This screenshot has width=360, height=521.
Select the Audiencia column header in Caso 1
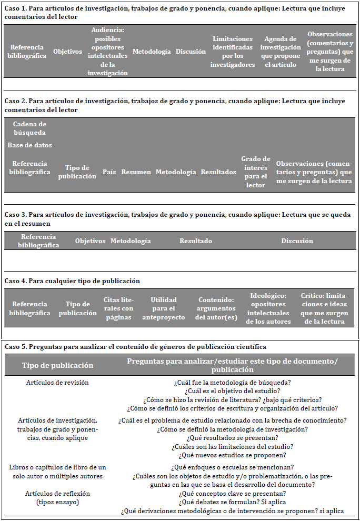coord(107,52)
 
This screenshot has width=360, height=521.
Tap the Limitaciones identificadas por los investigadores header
coord(233,52)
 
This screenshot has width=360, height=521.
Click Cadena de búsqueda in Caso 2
coord(29,128)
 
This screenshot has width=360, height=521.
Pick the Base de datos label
coord(29,145)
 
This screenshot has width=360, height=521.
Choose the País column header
coord(109,172)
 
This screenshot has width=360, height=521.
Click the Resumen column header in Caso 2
coord(136,172)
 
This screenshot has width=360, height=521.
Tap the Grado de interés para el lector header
coord(256,172)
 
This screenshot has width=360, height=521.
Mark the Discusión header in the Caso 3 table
coord(297,241)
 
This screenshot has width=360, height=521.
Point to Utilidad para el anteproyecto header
coord(164,308)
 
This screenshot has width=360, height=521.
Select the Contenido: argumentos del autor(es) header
coord(216,308)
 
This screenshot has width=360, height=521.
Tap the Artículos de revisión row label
coord(57,383)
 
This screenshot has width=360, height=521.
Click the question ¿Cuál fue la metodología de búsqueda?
coord(232,383)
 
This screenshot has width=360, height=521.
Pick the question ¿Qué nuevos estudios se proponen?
coord(232,455)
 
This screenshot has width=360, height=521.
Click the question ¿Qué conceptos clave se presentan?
coord(232,494)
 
